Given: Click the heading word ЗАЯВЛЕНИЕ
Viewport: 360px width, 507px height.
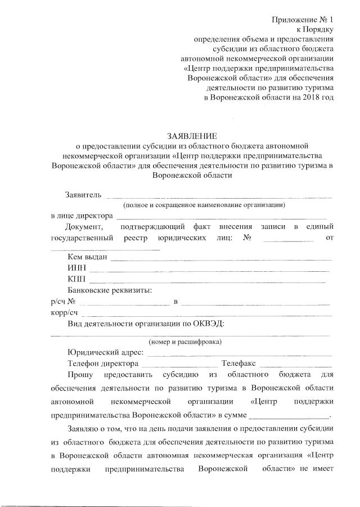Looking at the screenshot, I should [192, 136].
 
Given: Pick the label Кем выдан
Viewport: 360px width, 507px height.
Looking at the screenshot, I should [86, 258].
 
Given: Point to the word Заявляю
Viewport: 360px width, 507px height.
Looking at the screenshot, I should [83, 430].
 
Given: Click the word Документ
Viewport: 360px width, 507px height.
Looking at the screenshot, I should [84, 226].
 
